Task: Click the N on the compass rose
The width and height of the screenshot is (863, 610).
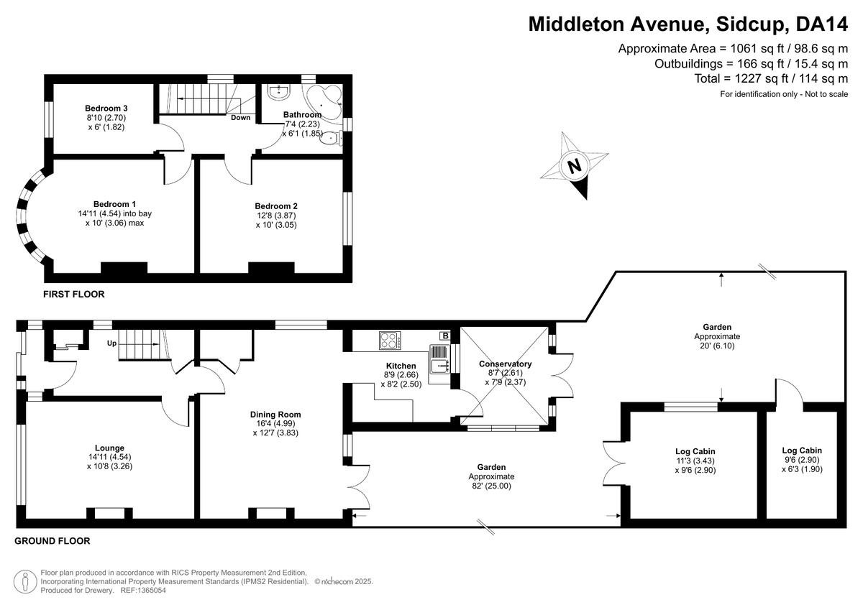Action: [574, 166]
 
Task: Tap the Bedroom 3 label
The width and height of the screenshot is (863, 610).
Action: [106, 108]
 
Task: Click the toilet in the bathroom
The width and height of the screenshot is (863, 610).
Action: [331, 138]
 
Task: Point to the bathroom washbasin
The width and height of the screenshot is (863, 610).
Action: [279, 91]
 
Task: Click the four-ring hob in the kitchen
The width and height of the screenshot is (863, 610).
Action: [390, 341]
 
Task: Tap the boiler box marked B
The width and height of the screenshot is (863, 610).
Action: [445, 336]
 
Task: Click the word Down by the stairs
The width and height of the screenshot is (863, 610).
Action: [241, 117]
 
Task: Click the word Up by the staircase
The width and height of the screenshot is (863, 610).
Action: [111, 343]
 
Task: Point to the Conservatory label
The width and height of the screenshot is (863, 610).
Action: [505, 364]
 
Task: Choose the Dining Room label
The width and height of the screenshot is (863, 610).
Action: [275, 415]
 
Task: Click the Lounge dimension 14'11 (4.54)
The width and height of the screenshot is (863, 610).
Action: [110, 457]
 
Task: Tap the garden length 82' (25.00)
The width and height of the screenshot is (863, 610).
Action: [492, 486]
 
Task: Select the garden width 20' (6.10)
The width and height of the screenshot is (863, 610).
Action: [717, 346]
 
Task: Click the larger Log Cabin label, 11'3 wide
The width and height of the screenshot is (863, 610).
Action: [695, 451]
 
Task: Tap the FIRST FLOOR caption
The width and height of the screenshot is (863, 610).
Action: [74, 295]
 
